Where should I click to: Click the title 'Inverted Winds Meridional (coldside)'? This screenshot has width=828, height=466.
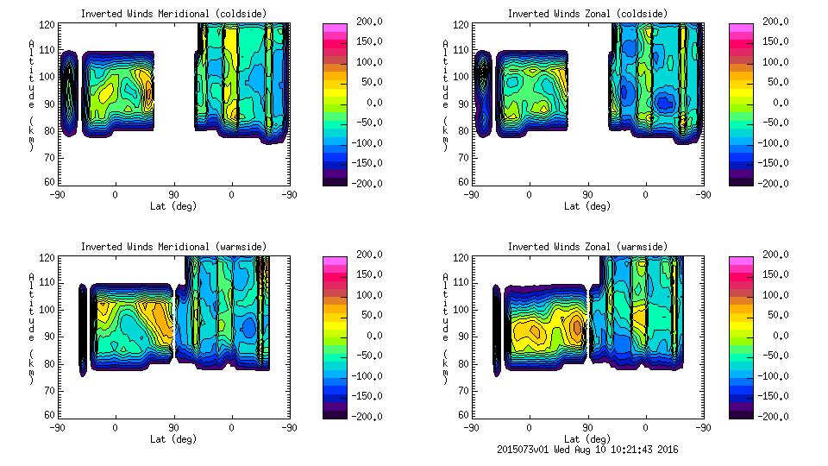pos(173,14)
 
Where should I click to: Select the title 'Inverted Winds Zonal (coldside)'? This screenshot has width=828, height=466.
pos(587,14)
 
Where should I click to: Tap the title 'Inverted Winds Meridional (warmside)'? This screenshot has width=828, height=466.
pos(173,247)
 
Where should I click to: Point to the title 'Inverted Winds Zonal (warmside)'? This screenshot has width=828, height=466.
pos(587,247)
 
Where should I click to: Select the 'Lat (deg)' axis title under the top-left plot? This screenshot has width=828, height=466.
pos(172,206)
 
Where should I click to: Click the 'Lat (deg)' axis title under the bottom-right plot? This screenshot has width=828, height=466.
pos(587,439)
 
